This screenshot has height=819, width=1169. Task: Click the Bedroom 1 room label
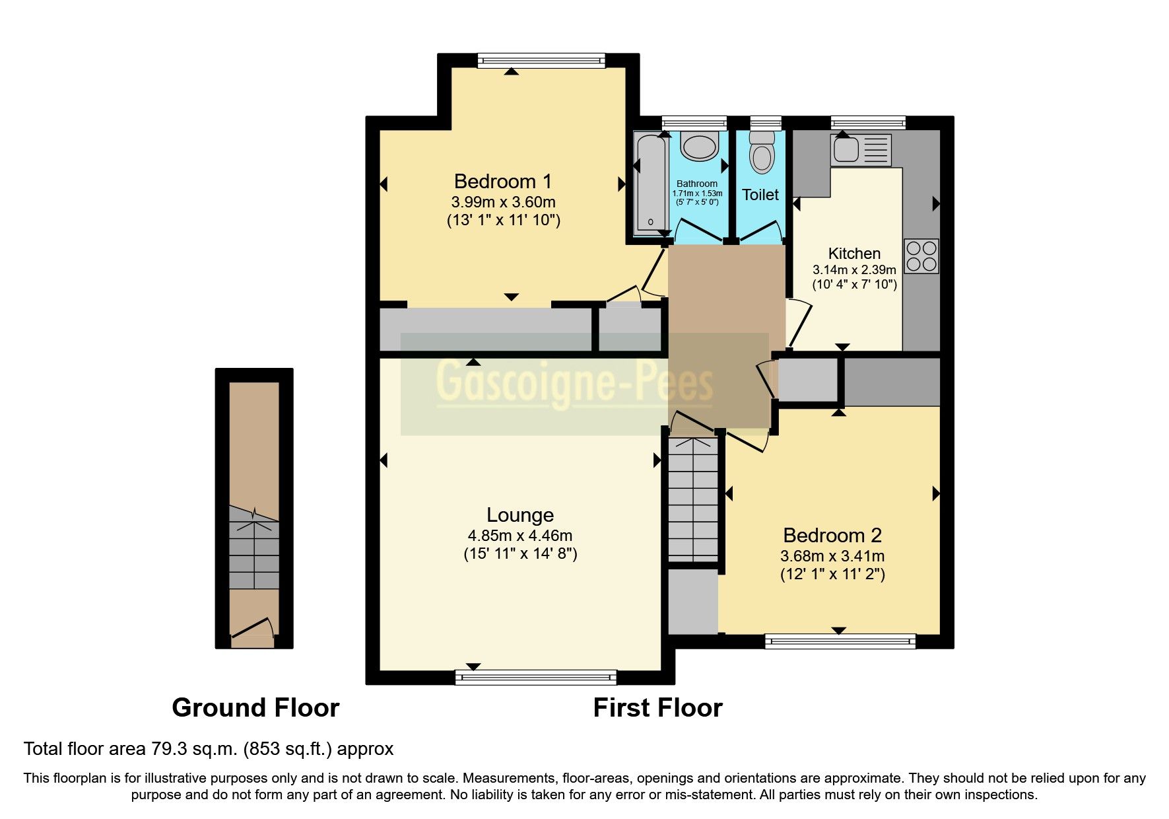click(x=502, y=181)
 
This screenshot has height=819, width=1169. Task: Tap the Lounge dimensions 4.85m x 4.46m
click(x=520, y=536)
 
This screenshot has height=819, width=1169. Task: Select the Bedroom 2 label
click(x=832, y=535)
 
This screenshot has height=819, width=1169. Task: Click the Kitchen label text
click(x=854, y=254)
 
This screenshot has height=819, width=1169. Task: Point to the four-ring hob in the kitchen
click(x=921, y=256)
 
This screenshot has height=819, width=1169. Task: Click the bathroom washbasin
click(x=699, y=146)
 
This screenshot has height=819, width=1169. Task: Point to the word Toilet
click(x=760, y=195)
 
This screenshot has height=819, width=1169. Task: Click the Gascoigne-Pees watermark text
click(x=574, y=384)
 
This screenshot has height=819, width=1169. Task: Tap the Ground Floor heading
click(x=255, y=708)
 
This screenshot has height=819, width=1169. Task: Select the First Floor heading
click(x=657, y=708)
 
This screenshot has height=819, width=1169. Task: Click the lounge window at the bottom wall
click(x=535, y=676)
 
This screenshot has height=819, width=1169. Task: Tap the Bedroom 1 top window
click(x=541, y=61)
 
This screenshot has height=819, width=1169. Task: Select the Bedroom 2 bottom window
click(x=840, y=641)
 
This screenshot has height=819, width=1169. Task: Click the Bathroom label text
click(x=696, y=184)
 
